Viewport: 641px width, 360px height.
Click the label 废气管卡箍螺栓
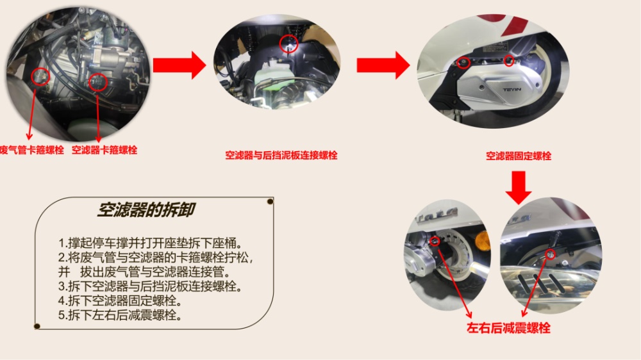(x=32, y=150)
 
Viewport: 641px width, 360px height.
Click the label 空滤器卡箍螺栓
(x=104, y=150)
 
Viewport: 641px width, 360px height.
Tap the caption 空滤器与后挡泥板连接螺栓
(x=281, y=155)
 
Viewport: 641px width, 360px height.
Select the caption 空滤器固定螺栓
(x=519, y=156)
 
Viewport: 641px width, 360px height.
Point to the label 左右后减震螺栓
(x=508, y=328)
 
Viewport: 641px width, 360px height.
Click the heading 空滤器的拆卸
(x=146, y=209)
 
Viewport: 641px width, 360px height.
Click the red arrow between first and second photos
(x=179, y=65)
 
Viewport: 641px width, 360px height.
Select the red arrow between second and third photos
(x=383, y=65)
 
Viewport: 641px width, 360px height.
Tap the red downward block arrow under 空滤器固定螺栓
(x=519, y=188)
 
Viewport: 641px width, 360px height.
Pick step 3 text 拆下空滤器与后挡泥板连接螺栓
(x=151, y=286)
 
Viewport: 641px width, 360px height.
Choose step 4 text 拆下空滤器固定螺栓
(x=121, y=301)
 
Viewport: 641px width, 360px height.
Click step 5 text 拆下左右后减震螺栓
(x=121, y=315)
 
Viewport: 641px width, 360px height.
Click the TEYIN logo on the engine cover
(x=512, y=90)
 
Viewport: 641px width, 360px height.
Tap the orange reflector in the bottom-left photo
(x=483, y=241)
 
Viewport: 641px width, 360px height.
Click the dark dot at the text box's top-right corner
(x=271, y=201)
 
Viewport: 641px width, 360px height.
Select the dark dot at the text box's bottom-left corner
(x=37, y=326)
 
